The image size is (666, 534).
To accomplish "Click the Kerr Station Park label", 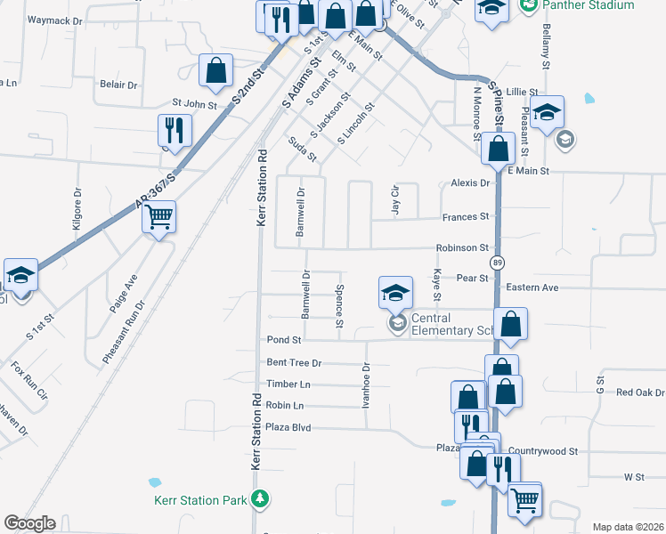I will (199, 500).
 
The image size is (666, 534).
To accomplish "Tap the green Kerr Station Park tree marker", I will (260, 498).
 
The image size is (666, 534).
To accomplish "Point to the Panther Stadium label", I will (589, 5).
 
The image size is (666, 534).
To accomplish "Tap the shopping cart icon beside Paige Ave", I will (159, 215).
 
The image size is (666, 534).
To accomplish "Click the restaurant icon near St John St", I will (174, 130).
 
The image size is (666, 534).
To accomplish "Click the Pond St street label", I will (285, 340).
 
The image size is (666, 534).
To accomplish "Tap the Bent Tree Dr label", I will (294, 363).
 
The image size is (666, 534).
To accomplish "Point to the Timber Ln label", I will (288, 384).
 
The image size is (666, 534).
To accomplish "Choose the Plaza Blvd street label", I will (288, 427).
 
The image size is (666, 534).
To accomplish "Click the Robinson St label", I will (462, 247).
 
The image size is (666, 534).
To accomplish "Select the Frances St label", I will (467, 216).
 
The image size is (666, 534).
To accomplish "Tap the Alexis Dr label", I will (471, 182).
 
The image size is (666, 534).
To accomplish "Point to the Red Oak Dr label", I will (640, 392).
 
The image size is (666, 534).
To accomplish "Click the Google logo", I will (29, 523).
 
